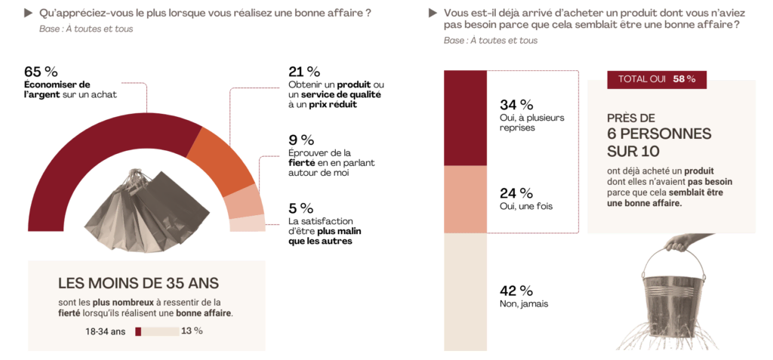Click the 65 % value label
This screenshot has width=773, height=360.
click(x=41, y=72)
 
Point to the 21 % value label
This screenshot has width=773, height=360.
click(x=303, y=72)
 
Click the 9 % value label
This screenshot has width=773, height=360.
click(x=301, y=140)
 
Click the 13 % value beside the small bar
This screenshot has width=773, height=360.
click(x=192, y=331)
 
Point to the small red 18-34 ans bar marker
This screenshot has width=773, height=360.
click(x=138, y=331)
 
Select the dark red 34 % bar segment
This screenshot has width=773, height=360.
click(x=466, y=117)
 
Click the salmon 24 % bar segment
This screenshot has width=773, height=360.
click(x=466, y=199)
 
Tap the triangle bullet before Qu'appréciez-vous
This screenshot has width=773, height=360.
click(x=29, y=13)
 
